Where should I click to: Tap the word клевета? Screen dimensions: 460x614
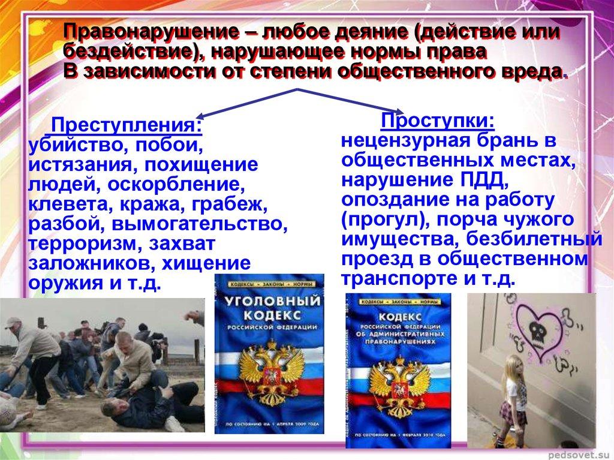pos(64,205)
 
